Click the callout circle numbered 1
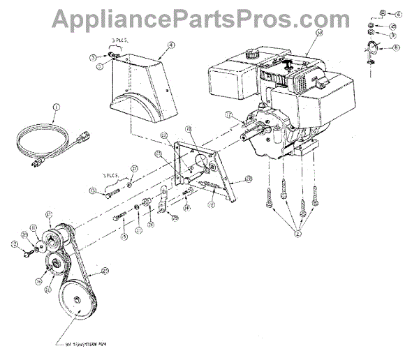coord(57,107)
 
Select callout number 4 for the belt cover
coord(170,47)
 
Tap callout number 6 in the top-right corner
coord(398,13)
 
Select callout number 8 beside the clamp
coord(396,47)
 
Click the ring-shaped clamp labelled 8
coord(372,50)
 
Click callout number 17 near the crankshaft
coord(228,114)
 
